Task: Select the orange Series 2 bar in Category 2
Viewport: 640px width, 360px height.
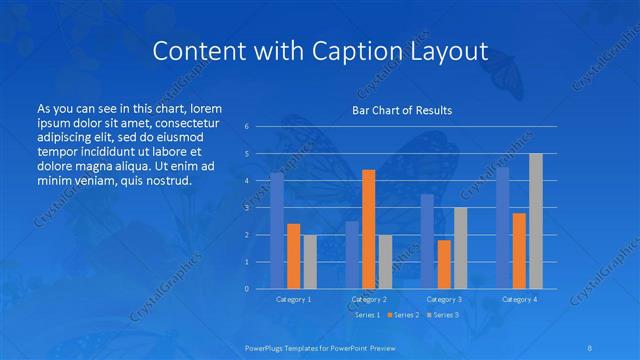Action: click(368, 229)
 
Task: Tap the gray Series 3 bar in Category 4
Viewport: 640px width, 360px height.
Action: click(535, 221)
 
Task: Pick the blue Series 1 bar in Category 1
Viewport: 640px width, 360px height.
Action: click(277, 230)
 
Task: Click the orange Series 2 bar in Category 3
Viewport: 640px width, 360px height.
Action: click(444, 264)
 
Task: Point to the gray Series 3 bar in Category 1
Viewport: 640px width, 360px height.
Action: click(309, 261)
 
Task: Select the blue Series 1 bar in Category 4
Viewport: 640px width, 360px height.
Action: click(502, 227)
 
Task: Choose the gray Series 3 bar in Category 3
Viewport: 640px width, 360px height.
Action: click(460, 248)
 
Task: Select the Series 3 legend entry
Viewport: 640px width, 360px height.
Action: click(445, 315)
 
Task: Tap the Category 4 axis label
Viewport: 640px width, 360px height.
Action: click(519, 299)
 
